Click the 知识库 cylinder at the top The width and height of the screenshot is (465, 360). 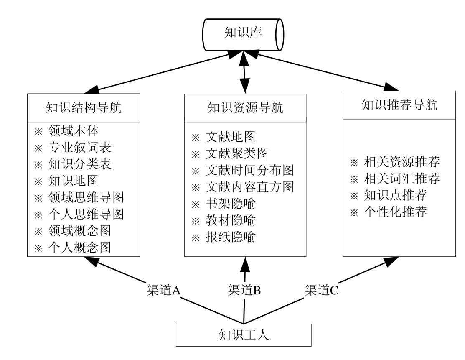coord(243,34)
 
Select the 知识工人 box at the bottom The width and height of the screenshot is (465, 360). coord(244,334)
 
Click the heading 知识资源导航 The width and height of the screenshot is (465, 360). coord(245,108)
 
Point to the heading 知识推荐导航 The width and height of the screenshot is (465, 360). coord(399,105)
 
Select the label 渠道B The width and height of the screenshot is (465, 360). coord(245,290)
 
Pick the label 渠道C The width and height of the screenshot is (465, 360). coord(321,290)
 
